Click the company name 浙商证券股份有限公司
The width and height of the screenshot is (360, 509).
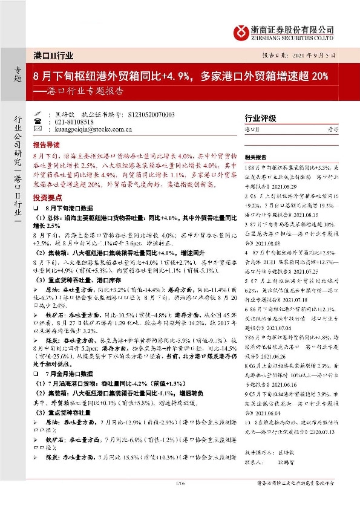pyautogui.click(x=293, y=28)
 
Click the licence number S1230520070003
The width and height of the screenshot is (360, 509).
pyautogui.click(x=152, y=114)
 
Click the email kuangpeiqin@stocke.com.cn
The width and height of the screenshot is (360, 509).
pyautogui.click(x=95, y=129)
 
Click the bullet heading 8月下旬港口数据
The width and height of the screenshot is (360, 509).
pyautogui.click(x=70, y=207)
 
